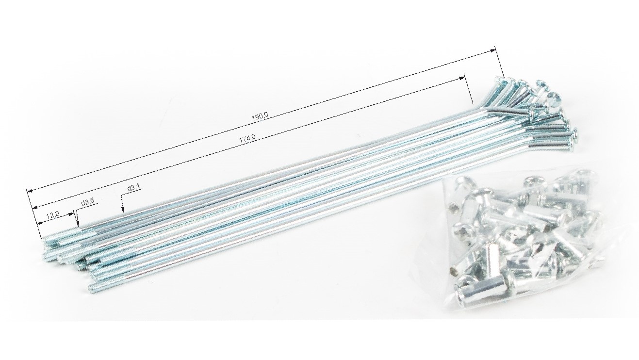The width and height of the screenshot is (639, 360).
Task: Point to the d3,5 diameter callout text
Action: (x=88, y=202)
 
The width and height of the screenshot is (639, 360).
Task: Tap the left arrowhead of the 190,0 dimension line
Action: (x=29, y=191)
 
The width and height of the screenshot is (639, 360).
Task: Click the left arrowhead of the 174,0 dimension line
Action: (x=35, y=207)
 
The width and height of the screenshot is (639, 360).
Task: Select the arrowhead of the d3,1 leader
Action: (x=123, y=210)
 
